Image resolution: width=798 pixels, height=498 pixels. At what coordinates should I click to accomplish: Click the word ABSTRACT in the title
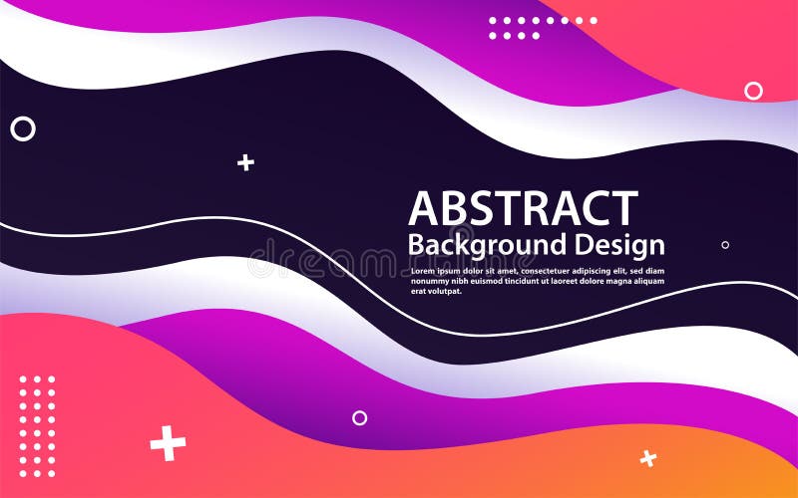(x=523, y=208)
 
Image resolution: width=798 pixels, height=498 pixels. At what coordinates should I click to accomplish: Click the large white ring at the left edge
(x=22, y=128)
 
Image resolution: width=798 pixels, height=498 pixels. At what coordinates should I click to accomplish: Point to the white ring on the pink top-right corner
(x=753, y=91)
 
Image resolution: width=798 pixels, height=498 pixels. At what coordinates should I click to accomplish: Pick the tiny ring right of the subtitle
(x=725, y=244)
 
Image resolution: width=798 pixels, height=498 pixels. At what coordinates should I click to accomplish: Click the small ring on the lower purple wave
(x=359, y=418)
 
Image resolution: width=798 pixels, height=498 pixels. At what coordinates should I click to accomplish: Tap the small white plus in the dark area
(x=245, y=162)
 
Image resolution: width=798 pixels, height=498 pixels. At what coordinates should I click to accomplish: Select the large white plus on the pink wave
(x=168, y=443)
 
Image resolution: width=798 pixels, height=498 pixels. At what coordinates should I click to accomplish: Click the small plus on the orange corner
(x=648, y=458)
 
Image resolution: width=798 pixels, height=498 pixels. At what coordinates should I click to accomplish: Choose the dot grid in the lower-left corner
(x=38, y=425)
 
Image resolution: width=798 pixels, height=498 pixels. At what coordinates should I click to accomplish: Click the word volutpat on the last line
(x=444, y=292)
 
